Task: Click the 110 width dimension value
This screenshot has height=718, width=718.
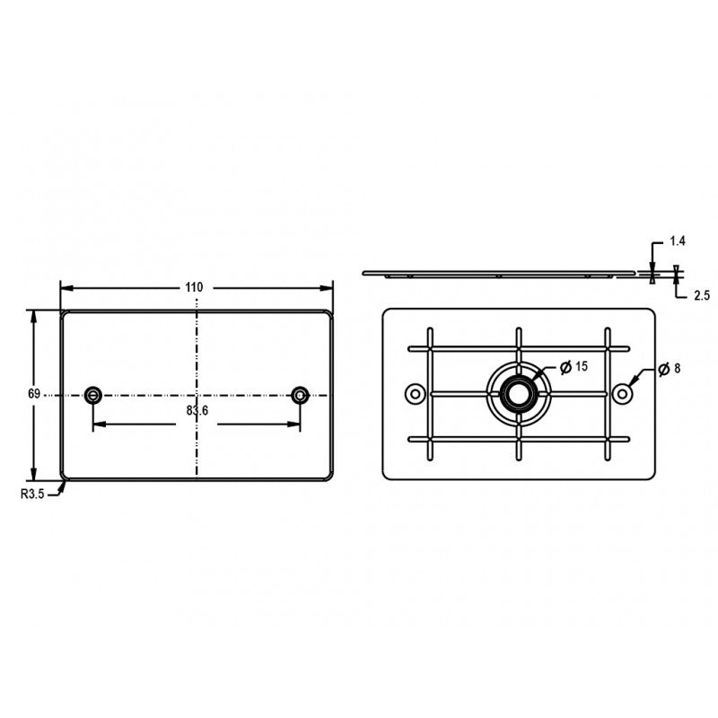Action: (x=194, y=287)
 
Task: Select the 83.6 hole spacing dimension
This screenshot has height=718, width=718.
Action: (x=197, y=410)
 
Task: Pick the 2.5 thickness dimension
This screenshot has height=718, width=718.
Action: (x=678, y=294)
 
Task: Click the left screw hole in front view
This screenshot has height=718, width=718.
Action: (x=92, y=394)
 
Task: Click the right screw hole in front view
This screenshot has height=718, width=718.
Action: (x=300, y=394)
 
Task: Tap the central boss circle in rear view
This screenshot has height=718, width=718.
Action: (x=518, y=393)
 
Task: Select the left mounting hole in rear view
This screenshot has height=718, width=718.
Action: (x=415, y=393)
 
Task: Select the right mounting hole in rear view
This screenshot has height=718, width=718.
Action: (x=621, y=393)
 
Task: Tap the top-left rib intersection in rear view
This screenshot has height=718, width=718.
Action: (x=430, y=348)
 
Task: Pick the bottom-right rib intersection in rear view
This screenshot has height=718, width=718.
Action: (x=608, y=439)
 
